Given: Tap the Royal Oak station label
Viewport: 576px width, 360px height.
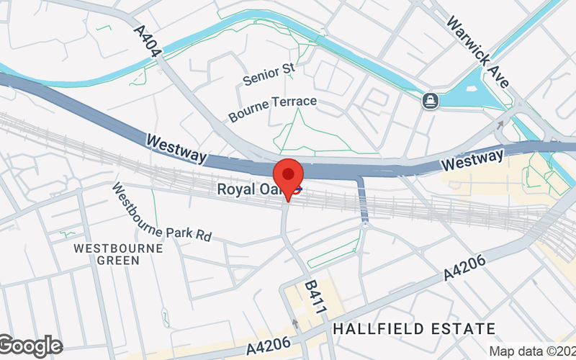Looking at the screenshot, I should click(245, 190).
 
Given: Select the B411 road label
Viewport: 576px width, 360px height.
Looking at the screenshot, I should click(315, 295).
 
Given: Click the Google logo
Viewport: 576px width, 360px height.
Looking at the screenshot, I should click(30, 346).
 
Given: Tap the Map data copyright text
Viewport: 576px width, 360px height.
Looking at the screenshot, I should click(532, 351).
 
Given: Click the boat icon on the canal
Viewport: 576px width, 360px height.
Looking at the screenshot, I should click(431, 100).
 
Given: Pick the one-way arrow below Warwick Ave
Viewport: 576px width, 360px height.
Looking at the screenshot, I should click(500, 126).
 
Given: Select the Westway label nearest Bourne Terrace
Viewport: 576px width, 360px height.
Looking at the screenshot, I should click(176, 148).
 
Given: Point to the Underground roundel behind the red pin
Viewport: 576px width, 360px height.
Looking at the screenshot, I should click(295, 191).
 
